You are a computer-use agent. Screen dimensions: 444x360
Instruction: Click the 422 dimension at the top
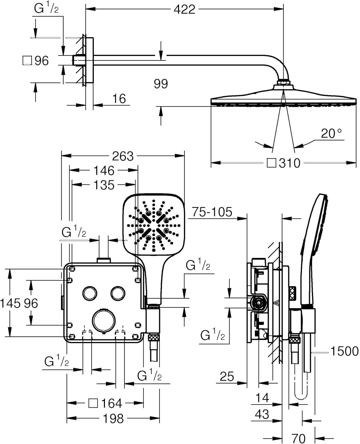coord(184,9)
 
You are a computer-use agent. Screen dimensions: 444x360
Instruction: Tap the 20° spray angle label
coord(331,133)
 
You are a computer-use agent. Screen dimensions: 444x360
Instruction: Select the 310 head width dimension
coord(289,163)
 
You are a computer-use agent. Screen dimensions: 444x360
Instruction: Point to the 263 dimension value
coord(123,156)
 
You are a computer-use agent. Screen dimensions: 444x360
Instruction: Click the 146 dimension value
coord(104,170)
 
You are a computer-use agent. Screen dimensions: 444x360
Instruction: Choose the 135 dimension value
coord(104,185)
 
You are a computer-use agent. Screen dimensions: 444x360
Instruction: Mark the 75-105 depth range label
coord(212,212)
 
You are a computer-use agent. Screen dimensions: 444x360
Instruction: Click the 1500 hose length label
coord(344,351)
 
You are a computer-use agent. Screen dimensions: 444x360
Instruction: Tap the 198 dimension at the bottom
coord(113,419)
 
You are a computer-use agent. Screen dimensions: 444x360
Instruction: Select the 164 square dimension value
coord(111,403)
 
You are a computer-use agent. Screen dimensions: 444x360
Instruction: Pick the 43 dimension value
coord(262,414)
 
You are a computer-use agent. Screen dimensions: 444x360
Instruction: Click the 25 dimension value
coord(227,377)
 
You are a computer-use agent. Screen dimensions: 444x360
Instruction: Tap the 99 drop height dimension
coord(161,84)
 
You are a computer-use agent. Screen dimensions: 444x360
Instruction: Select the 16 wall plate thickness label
coord(119,99)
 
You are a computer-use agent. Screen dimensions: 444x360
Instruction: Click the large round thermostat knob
coord(104,321)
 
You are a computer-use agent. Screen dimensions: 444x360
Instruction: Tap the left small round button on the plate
coord(89,293)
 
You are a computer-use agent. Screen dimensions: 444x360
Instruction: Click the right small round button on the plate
coord(118,293)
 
